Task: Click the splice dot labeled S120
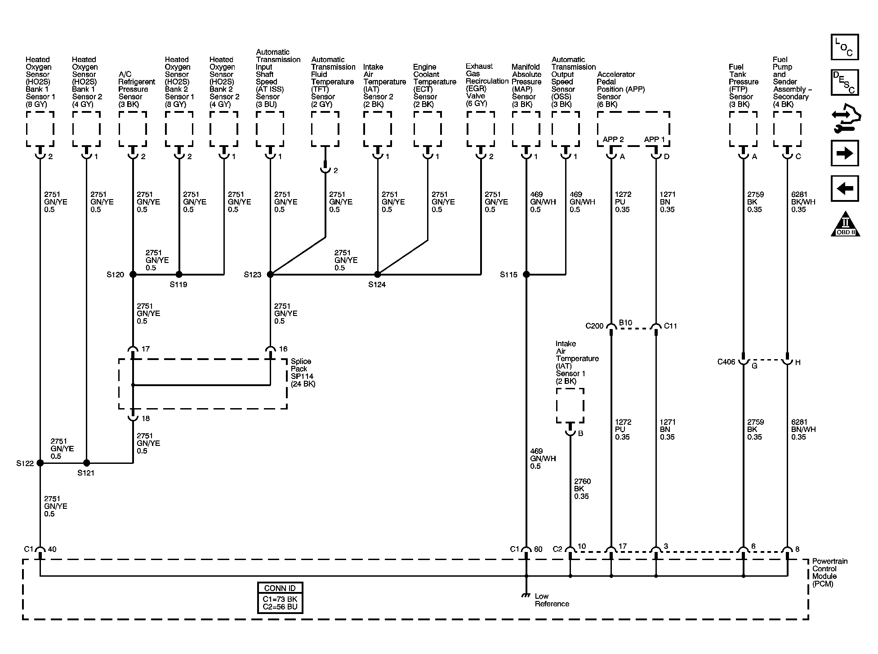point(133,274)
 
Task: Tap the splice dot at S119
point(179,274)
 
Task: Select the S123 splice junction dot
point(270,274)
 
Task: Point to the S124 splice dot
point(378,274)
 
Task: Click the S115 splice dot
point(526,274)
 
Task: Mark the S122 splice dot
point(40,463)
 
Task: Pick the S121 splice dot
point(86,463)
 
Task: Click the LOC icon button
point(845,47)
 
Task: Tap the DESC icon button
point(845,82)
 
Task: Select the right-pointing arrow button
point(845,153)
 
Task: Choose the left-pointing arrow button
point(845,188)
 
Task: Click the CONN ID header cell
point(280,588)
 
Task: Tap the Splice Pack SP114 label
point(303,373)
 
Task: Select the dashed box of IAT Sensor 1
point(570,405)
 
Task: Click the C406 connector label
point(726,362)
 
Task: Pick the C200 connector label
point(594,326)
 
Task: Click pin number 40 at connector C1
point(52,549)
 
